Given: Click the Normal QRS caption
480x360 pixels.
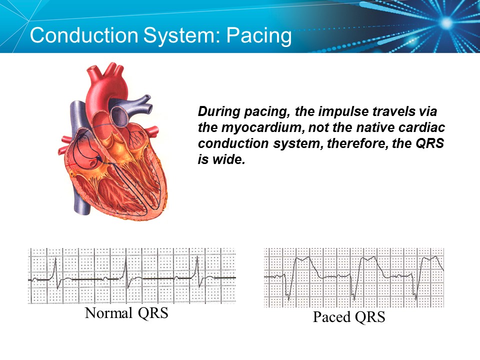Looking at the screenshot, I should point(126,313).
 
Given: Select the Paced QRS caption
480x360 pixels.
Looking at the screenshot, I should point(349,317).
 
